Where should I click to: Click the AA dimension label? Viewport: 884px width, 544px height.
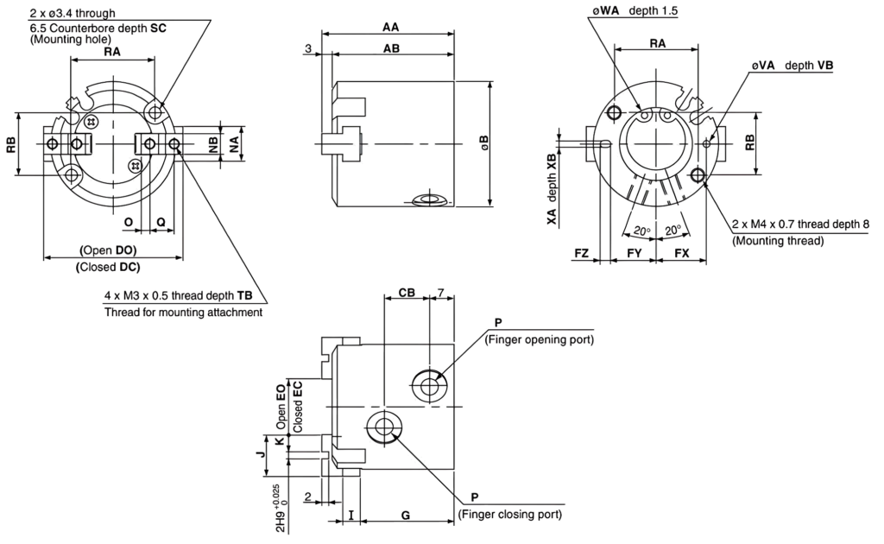tap(391, 27)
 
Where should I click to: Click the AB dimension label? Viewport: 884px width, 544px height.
tap(391, 48)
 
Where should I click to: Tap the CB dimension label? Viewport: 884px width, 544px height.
tap(407, 292)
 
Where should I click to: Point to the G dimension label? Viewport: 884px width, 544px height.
tap(406, 515)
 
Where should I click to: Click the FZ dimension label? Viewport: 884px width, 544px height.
tap(581, 253)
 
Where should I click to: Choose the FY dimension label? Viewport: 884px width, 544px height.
tap(635, 253)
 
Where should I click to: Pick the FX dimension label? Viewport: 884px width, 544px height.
tap(682, 253)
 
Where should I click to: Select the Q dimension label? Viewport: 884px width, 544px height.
tap(161, 222)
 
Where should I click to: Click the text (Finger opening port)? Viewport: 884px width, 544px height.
tap(540, 339)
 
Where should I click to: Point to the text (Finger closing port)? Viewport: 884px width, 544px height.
tap(510, 514)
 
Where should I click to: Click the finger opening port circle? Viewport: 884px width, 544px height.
tap(430, 386)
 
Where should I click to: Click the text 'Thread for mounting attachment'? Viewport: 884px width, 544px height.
tap(183, 312)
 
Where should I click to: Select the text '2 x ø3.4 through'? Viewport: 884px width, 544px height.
tap(73, 13)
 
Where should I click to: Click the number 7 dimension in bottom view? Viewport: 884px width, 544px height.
tap(441, 292)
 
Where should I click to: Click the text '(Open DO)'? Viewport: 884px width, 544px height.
tap(108, 250)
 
